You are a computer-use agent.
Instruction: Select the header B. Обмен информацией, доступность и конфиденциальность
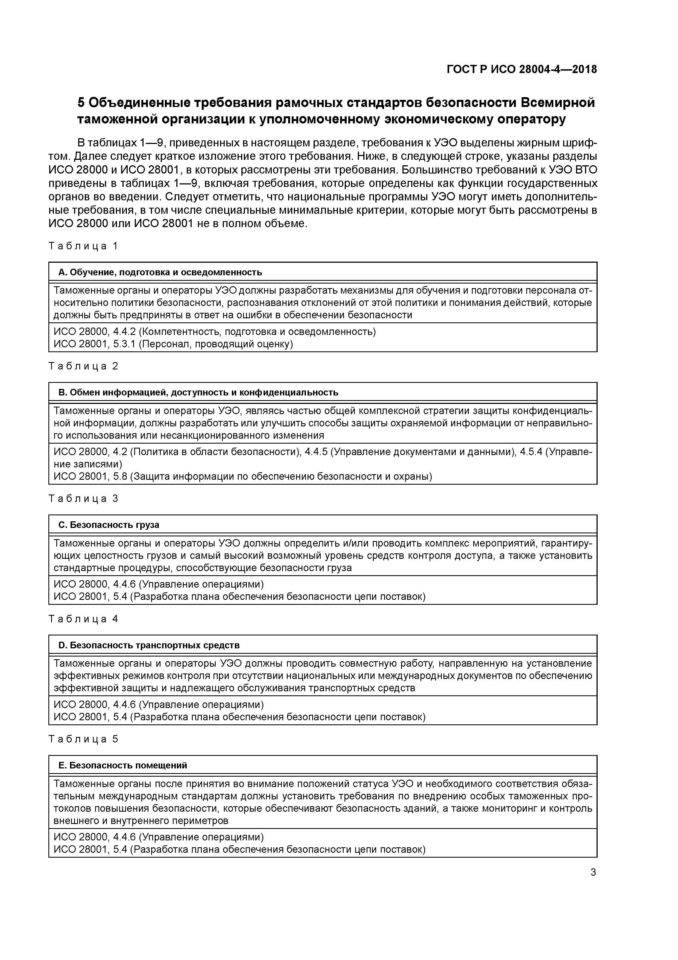(198, 392)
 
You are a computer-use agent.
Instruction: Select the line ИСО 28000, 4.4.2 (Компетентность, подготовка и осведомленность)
(215, 332)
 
